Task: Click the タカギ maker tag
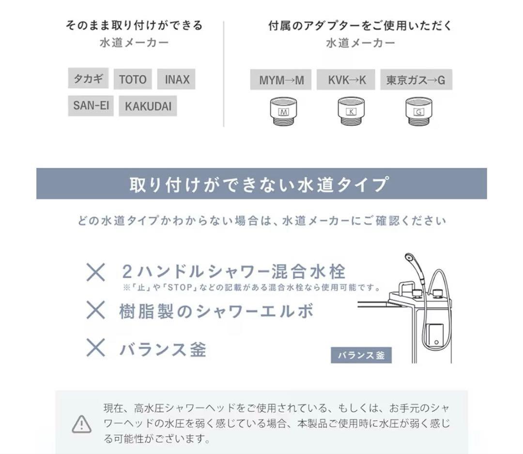pyautogui.click(x=88, y=78)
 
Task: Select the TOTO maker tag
pyautogui.click(x=133, y=79)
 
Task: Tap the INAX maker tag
pyautogui.click(x=176, y=79)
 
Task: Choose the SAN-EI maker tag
pyautogui.click(x=91, y=105)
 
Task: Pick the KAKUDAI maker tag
pyautogui.click(x=148, y=107)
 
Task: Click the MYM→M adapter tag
pyautogui.click(x=281, y=80)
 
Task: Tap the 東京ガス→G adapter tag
pyautogui.click(x=415, y=80)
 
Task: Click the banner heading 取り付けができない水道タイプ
pyautogui.click(x=261, y=184)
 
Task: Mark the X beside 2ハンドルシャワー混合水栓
pyautogui.click(x=95, y=272)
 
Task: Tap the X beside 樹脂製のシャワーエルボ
pyautogui.click(x=95, y=310)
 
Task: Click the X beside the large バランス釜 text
pyautogui.click(x=95, y=348)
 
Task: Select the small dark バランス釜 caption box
pyautogui.click(x=361, y=355)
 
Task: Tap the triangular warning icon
pyautogui.click(x=81, y=423)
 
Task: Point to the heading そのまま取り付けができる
pyautogui.click(x=134, y=26)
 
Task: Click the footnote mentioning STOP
pyautogui.click(x=252, y=288)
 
